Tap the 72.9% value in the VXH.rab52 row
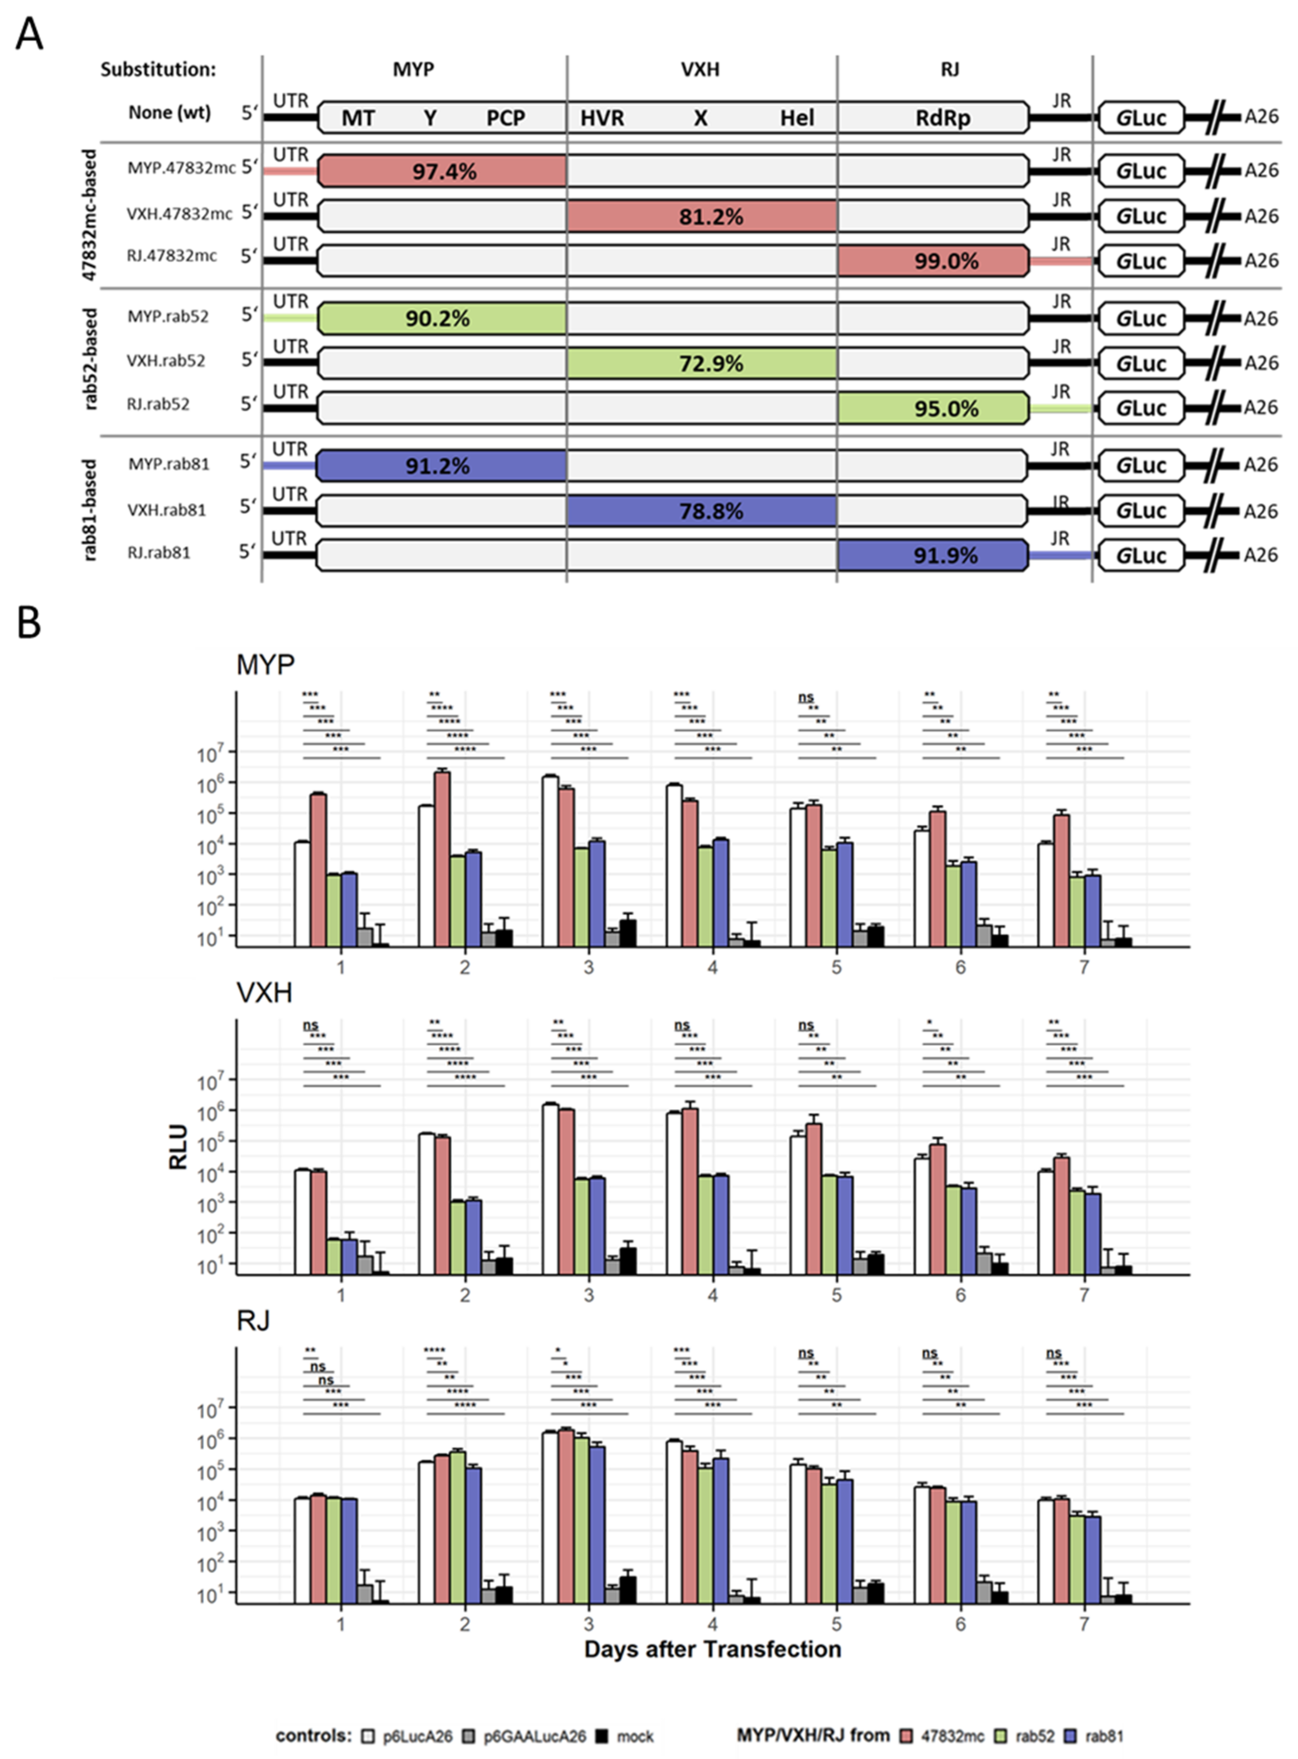(711, 364)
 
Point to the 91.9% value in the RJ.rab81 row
(945, 556)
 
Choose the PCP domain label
(505, 118)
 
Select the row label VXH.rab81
(167, 510)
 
